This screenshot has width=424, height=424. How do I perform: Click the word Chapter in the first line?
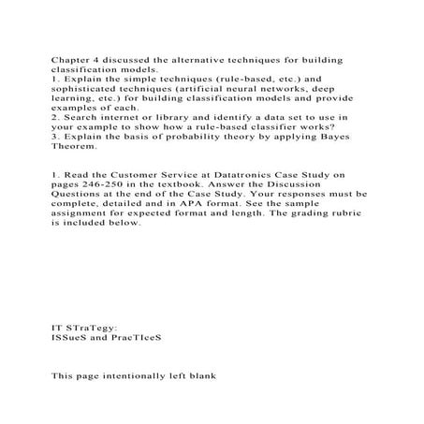click(69, 59)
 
